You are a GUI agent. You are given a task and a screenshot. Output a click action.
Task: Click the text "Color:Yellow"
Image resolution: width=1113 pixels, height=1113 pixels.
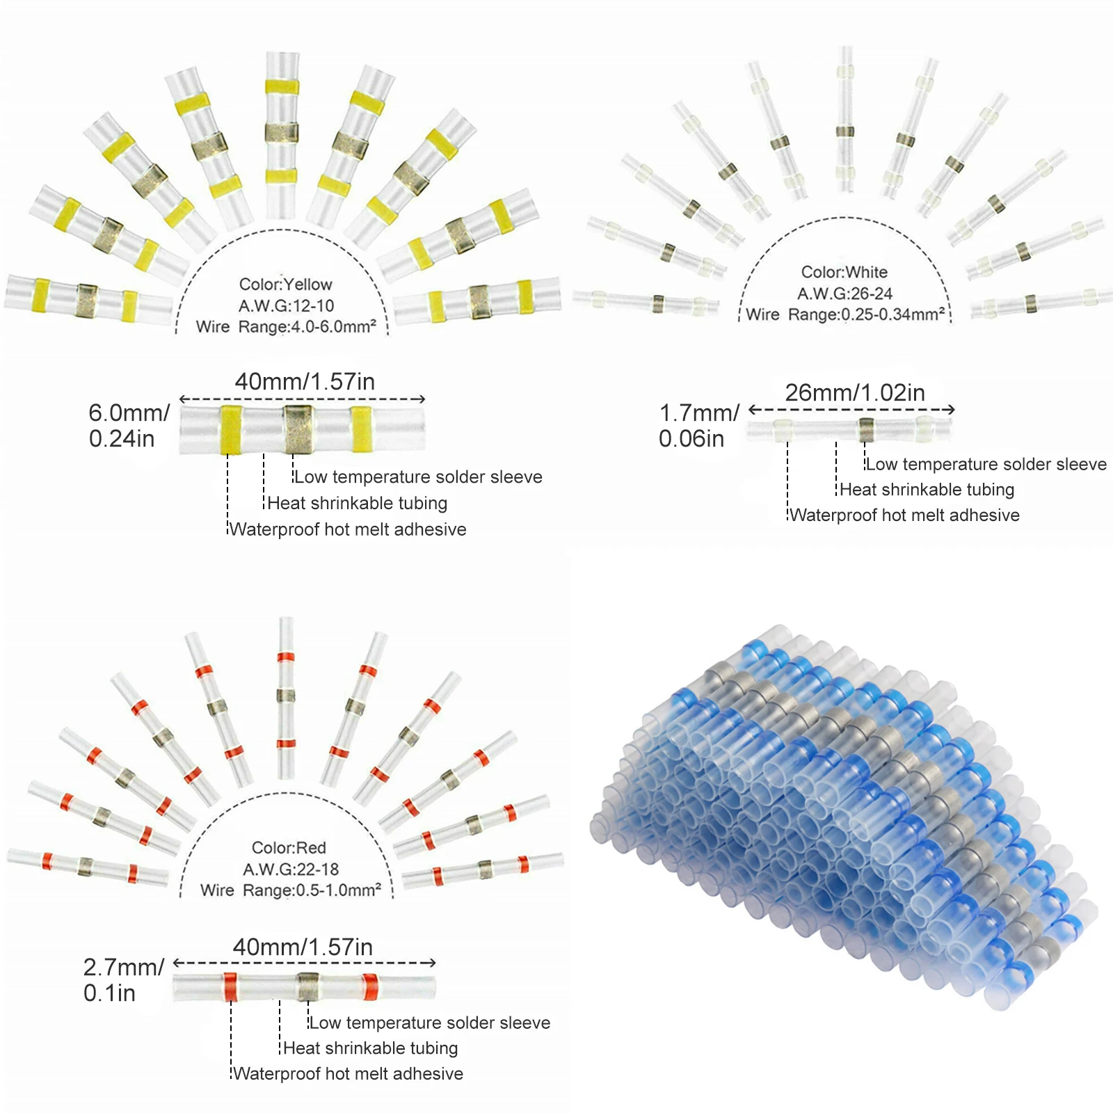pos(285,285)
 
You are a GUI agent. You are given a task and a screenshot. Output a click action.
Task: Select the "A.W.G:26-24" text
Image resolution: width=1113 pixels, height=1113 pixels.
pos(844,294)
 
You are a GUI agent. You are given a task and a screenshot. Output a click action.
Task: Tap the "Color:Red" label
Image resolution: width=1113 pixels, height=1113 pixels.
pos(289,848)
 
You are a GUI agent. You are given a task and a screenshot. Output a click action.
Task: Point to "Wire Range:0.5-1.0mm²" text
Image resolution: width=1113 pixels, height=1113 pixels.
pos(291,890)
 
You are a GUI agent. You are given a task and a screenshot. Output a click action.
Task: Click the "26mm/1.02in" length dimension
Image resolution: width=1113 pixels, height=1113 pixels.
pos(855,393)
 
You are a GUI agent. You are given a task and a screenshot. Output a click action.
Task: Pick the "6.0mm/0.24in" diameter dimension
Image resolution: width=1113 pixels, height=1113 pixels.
pos(129,426)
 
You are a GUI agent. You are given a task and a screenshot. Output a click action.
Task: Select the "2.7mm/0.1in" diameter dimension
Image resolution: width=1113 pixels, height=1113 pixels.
pos(123,980)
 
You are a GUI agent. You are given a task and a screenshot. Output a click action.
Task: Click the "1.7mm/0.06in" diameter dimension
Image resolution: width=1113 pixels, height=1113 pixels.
pos(698,426)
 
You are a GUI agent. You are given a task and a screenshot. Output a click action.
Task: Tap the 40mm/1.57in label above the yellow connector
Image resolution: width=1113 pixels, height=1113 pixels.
pos(305,382)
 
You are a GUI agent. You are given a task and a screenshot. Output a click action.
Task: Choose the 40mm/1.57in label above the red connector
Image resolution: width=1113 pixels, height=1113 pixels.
pos(303,947)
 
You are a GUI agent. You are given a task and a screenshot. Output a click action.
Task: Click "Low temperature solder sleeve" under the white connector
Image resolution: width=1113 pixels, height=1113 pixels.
pos(986,465)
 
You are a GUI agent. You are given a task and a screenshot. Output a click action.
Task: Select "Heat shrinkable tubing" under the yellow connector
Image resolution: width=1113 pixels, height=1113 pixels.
pos(357,504)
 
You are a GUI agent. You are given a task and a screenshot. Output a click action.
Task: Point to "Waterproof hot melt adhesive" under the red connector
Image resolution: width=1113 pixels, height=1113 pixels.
pos(348,1074)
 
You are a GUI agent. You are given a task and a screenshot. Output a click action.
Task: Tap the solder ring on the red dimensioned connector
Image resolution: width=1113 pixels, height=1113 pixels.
pos(307,986)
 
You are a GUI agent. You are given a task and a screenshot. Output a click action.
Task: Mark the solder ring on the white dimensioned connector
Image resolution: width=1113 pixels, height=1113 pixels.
pos(866,430)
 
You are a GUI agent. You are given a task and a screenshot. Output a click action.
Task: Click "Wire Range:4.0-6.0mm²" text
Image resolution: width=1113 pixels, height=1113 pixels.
pos(286,327)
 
